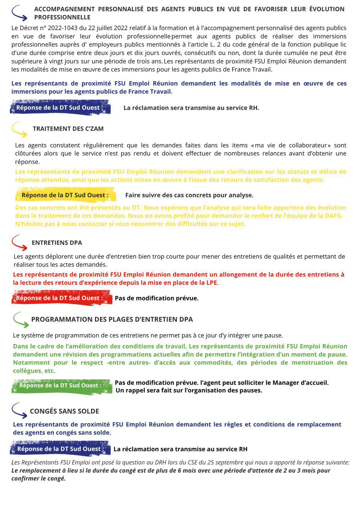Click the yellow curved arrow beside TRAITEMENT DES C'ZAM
pos(19,129)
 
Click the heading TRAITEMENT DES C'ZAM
pos(68,129)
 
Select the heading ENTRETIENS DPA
pos(57,243)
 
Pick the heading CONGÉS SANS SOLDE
pos(64,411)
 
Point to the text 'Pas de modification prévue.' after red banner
pos(157,298)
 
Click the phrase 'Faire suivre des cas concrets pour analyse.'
pos(189,195)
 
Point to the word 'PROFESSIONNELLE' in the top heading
pos(62,17)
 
